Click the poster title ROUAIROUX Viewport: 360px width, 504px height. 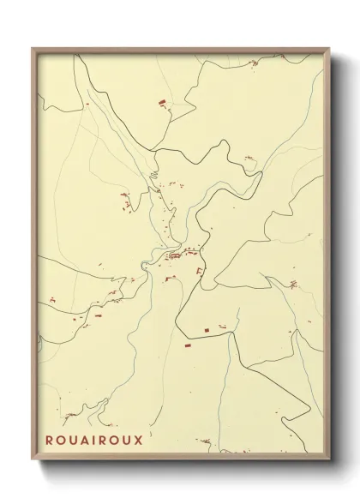pos(94,440)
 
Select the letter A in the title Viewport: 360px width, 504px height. pos(84,440)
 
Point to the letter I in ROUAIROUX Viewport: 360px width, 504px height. pos(94,440)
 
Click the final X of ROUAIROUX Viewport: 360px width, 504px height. pos(139,440)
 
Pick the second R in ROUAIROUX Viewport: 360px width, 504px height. pos(103,440)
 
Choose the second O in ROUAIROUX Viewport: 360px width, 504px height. pos(115,440)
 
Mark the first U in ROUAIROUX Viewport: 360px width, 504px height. pos(73,440)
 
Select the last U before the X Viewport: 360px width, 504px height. pos(127,440)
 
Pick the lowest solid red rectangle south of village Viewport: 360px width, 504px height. pos(187,345)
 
